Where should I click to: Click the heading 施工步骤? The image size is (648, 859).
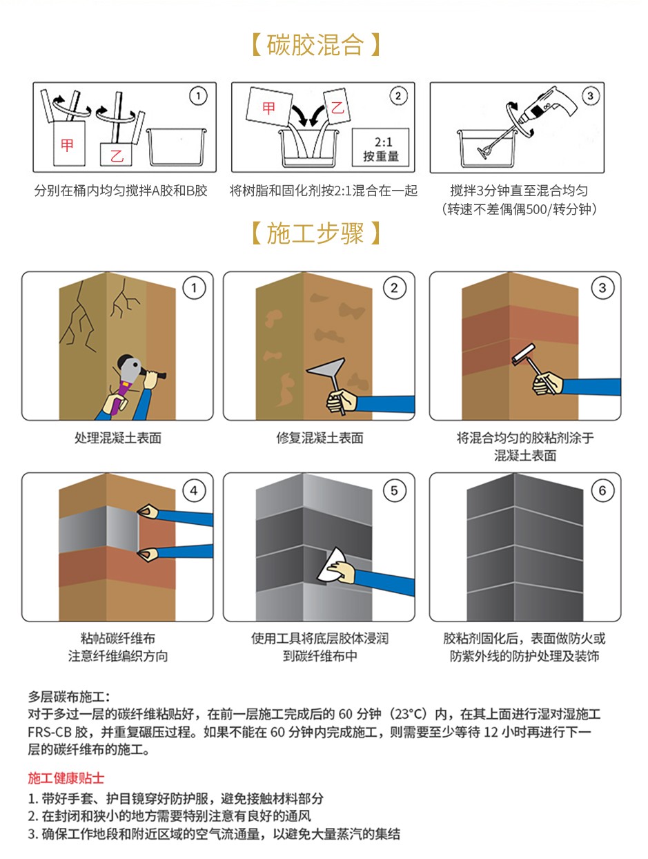(315, 233)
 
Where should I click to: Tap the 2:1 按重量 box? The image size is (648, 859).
(381, 148)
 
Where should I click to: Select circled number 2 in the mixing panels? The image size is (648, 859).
(397, 96)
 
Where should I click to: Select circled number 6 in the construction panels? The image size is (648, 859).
(602, 490)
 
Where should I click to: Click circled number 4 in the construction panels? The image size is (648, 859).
(194, 490)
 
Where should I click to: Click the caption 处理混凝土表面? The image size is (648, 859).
(117, 438)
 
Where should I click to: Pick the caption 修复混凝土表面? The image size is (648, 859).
(320, 438)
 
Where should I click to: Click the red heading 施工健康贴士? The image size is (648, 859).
(66, 778)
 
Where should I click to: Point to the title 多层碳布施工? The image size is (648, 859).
(68, 696)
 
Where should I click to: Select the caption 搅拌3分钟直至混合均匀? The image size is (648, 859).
(519, 191)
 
